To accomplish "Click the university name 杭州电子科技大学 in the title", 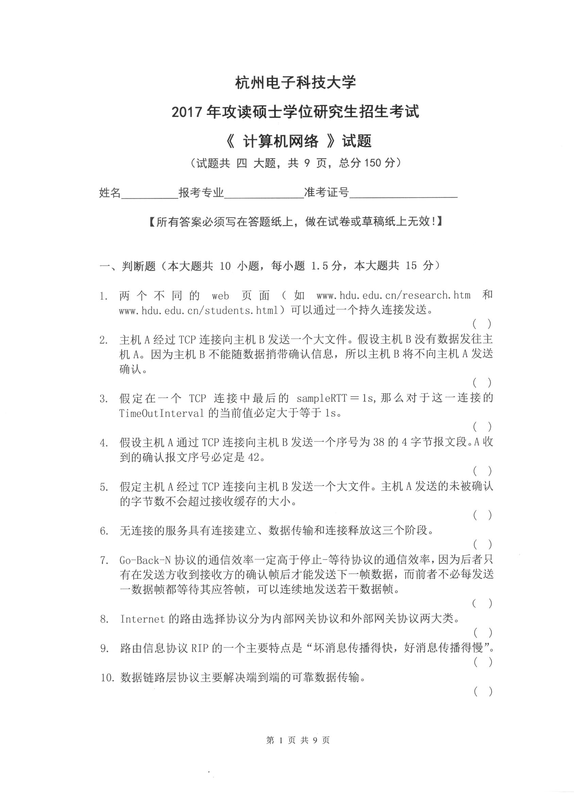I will coord(295,83).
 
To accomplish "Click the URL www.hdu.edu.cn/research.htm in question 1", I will coord(393,295).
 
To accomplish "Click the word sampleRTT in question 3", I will coord(321,398).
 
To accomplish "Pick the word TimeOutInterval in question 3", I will coord(161,413).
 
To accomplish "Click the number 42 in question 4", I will coord(253,457).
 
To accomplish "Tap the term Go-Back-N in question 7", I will coord(145,560).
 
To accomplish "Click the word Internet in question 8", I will coord(142,619).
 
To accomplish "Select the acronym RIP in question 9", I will coord(200,648).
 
